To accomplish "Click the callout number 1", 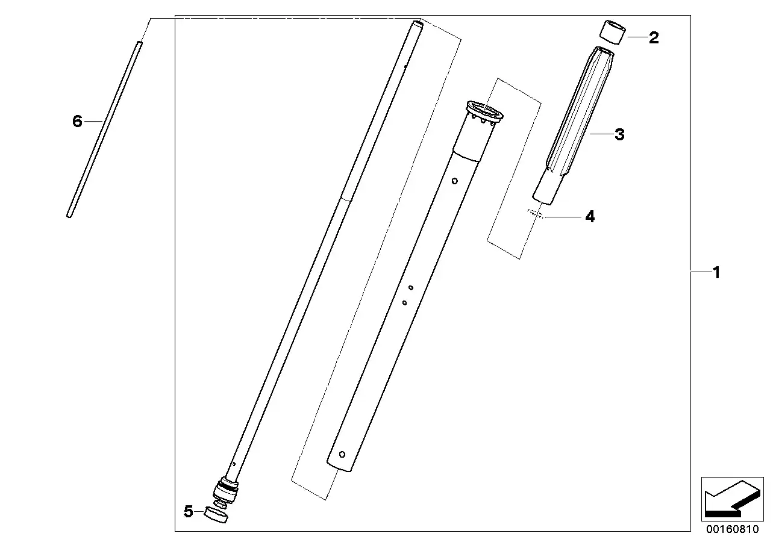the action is [716, 273].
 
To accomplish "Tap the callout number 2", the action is [654, 37].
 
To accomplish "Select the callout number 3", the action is [619, 134].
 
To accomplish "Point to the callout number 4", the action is [590, 217].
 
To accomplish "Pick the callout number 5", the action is [188, 511].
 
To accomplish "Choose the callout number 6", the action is [77, 121].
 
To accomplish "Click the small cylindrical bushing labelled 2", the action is [613, 33].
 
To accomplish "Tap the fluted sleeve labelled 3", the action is [574, 125].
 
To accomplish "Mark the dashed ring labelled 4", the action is [536, 213].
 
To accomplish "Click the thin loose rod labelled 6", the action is [104, 129].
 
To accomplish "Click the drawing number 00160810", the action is [732, 529].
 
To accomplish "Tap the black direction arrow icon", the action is [732, 499].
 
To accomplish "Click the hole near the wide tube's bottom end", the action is [342, 455].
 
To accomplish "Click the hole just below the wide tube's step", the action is [455, 181].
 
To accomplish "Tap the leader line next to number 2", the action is [637, 37].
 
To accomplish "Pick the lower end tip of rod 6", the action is [69, 216].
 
